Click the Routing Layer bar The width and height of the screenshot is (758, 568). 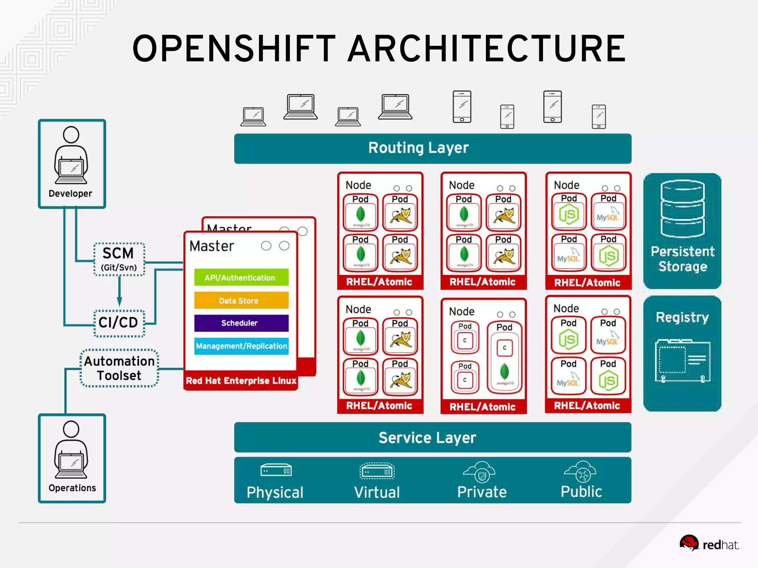click(432, 148)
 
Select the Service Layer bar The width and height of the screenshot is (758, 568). click(432, 437)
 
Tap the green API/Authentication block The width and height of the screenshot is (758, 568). click(241, 277)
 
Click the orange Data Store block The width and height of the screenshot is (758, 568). click(241, 300)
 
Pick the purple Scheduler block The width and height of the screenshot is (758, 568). click(241, 323)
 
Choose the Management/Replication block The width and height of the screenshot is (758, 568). click(241, 346)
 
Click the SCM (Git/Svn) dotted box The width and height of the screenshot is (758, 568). click(119, 259)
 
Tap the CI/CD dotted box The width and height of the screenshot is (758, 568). click(119, 323)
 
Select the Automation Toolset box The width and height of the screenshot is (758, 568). click(119, 368)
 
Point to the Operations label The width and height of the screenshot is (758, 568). click(72, 488)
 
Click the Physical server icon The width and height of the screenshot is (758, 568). click(276, 470)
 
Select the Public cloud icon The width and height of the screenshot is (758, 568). click(580, 471)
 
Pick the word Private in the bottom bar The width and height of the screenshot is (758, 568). click(482, 492)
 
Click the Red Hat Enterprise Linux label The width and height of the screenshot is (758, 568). click(241, 381)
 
